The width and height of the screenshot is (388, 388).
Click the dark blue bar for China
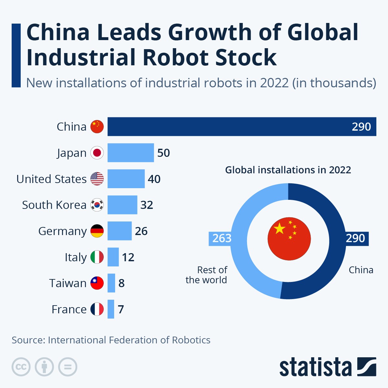coord(242,126)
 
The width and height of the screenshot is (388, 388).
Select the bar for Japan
coord(131,153)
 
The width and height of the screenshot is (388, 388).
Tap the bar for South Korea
coord(122,205)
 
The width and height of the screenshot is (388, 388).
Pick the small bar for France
coord(111,309)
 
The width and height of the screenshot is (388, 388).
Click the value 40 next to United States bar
coord(154,179)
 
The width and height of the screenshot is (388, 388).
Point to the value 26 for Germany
coord(141,231)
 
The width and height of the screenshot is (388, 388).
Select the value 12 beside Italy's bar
coord(128,257)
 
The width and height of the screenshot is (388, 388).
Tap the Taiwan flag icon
coord(97,283)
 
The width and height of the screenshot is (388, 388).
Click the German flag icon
coord(97,231)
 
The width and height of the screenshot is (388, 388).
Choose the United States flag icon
coord(97,179)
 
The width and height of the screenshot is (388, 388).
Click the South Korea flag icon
coord(97,205)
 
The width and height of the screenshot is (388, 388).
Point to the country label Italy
coord(76,257)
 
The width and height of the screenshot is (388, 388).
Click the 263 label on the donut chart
coord(221,238)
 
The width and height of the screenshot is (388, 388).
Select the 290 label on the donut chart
coord(355,238)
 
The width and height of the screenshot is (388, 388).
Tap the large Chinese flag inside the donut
coord(289,239)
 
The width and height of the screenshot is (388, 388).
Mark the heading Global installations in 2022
coord(288,170)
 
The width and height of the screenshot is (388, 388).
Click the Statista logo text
coord(315,367)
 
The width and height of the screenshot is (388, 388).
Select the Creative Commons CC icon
coord(21,367)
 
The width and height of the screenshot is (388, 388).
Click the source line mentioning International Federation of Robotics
coord(111,340)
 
